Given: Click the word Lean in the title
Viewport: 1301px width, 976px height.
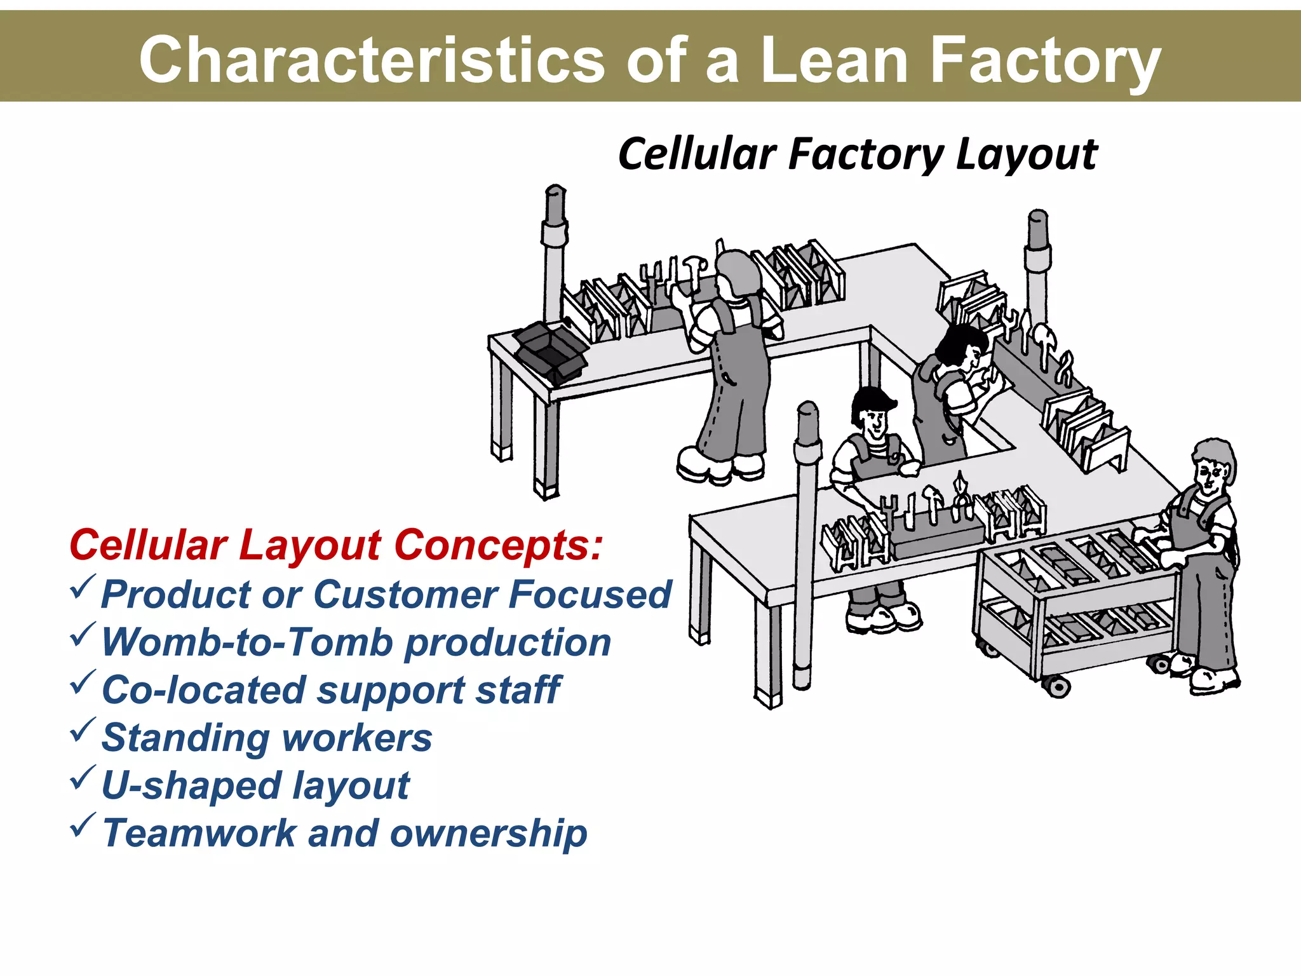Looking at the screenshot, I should pos(833,60).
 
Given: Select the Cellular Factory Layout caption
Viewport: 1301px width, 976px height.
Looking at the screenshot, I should pos(858,154).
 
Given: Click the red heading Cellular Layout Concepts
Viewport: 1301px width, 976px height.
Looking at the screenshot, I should pos(335,545).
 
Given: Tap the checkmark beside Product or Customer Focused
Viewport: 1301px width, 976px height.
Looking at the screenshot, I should pos(83,587).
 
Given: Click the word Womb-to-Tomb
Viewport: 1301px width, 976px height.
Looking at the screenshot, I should pos(248,642).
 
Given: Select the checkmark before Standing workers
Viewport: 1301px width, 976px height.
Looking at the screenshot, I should pos(83,730).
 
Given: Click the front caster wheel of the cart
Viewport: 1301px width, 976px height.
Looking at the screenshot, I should pos(1056,686).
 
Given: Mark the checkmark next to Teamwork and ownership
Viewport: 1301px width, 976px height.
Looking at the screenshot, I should pos(83,825).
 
